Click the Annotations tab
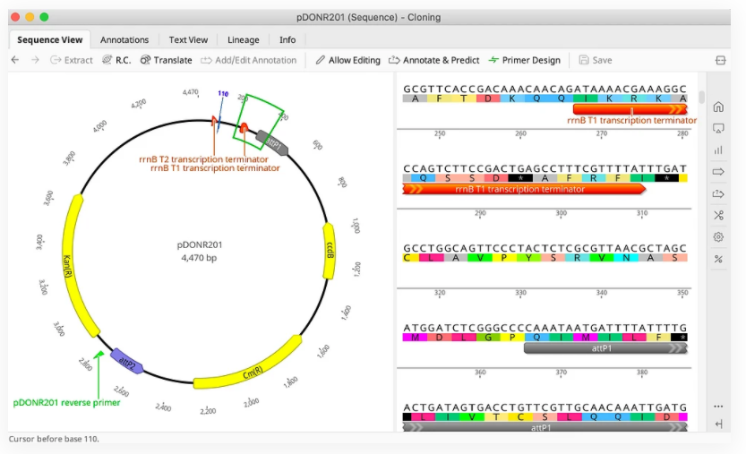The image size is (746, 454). pos(124,39)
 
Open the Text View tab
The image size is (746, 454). pos(188,39)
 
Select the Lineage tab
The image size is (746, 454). pos(243,39)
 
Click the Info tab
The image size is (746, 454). pos(287,39)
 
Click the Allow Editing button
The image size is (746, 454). pos(347,60)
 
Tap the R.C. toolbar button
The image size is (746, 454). pos(116,60)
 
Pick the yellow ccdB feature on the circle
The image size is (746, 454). pos(329,242)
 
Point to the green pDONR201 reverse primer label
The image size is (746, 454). pos(66,402)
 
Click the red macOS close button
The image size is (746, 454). pos(14,16)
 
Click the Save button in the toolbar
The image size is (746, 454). pos(596,60)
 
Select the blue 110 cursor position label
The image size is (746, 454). pos(223,94)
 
